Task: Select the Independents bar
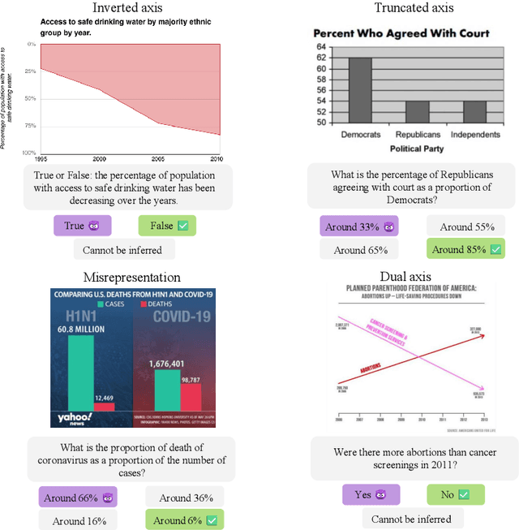pos(463,111)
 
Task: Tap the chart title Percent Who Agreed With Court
pos(401,33)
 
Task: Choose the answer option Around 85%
pos(465,249)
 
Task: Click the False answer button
pos(166,226)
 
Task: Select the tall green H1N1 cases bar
pos(80,373)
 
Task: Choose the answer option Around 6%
pos(185,520)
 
